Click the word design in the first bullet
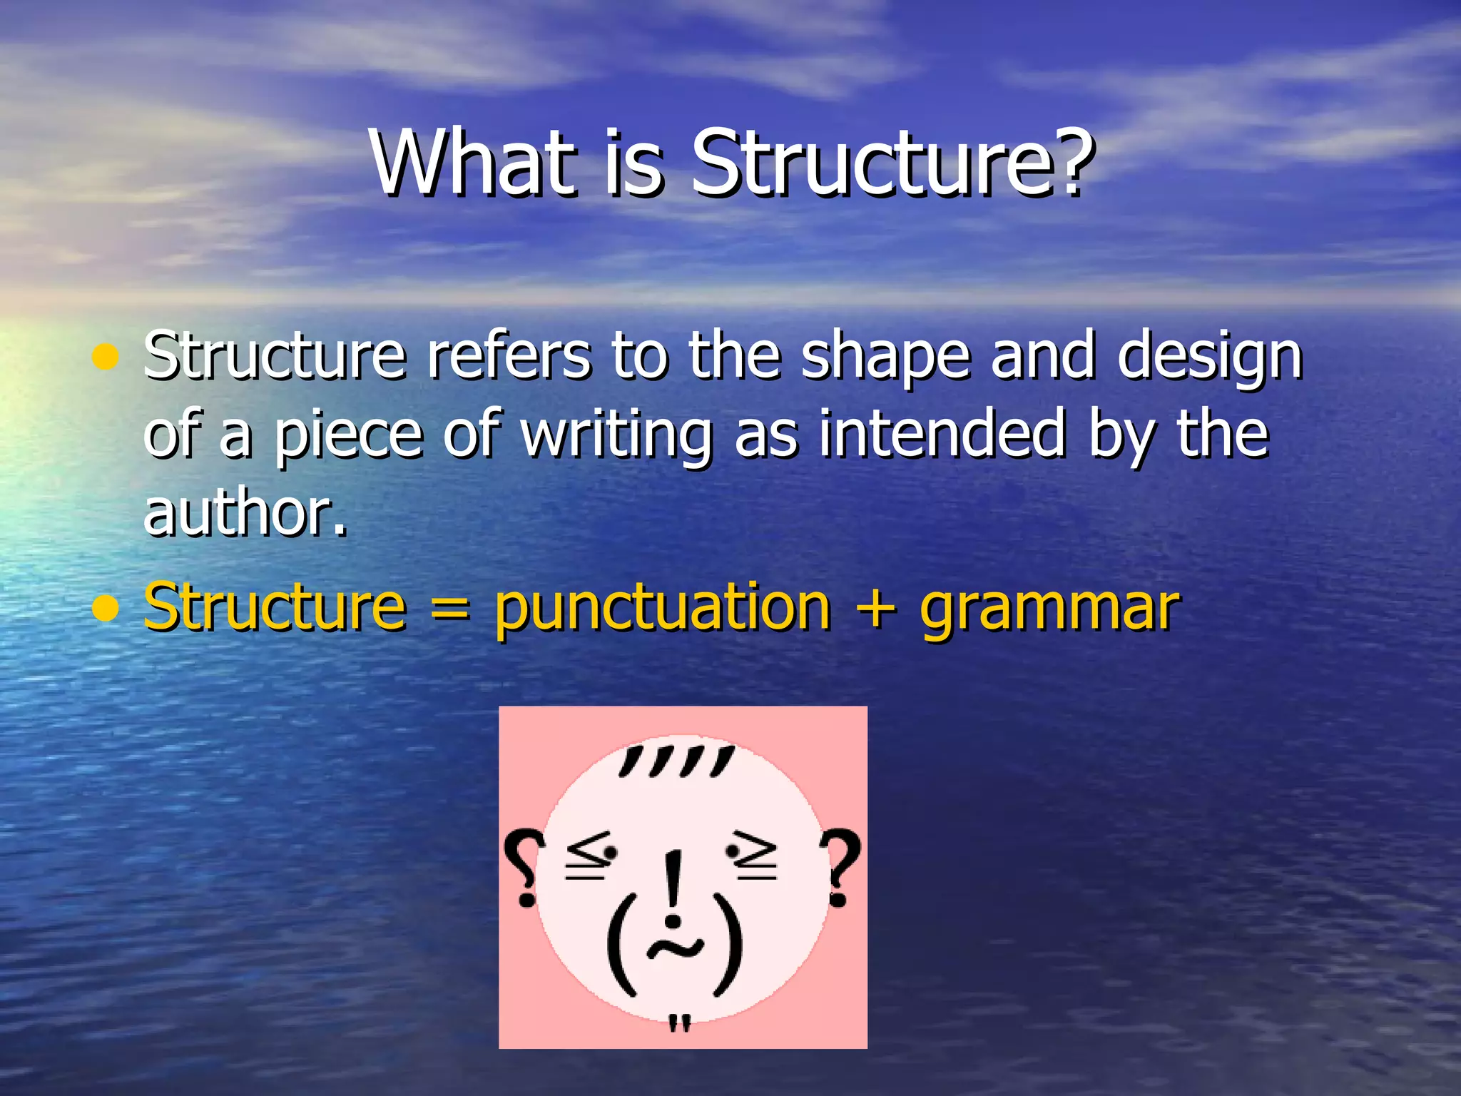[1210, 357]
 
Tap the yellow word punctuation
[663, 608]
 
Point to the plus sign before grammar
[875, 609]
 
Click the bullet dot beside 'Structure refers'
[106, 357]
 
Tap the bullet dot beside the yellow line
[106, 608]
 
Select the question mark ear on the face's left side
[524, 867]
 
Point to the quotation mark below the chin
[680, 1024]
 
